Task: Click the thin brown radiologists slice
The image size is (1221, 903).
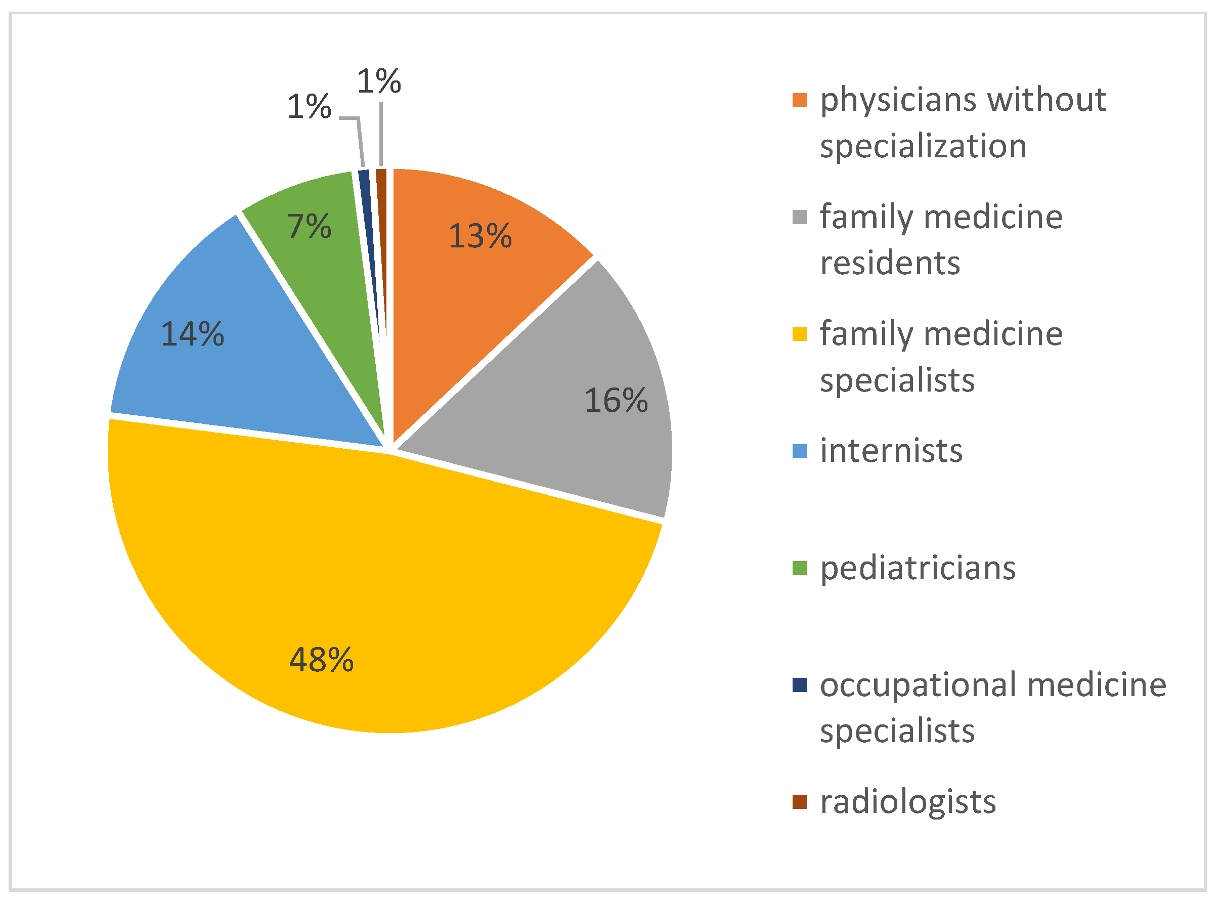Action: pos(382,219)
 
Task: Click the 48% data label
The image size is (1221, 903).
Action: pos(321,660)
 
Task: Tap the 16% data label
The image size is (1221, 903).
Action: pos(616,400)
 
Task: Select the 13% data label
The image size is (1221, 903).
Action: pos(480,236)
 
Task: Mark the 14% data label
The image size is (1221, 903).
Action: pos(192,334)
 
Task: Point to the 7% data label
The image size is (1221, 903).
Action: pos(309,226)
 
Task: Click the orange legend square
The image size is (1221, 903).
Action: pos(799,101)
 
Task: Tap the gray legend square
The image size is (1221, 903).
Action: pos(799,218)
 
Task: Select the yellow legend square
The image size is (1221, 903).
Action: pos(799,334)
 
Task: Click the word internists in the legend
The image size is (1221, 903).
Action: pos(891,451)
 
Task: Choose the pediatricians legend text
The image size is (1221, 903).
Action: pos(918,569)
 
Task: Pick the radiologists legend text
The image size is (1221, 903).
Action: pos(908,802)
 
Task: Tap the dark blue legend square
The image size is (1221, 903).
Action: pos(799,685)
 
